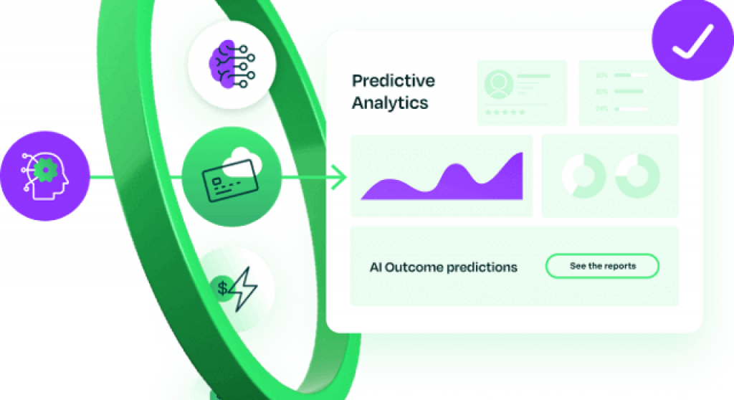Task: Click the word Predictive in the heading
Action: point(393,80)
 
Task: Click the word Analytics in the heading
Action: point(390,103)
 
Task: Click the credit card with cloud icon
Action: point(224,175)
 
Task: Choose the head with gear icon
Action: point(44,175)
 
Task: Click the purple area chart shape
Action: point(444,181)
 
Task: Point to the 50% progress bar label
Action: point(602,75)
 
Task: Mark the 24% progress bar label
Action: point(602,108)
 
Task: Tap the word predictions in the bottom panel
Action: point(482,267)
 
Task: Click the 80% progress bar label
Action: point(602,92)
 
